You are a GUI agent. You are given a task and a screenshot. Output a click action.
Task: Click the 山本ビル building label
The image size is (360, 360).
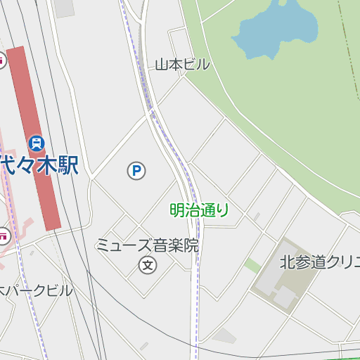182,65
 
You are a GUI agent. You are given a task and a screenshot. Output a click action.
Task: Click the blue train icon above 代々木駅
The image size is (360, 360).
37,143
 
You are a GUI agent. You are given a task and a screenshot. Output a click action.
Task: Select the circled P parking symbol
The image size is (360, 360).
136,170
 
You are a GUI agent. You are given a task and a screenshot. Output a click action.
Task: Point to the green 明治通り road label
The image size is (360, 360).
199,210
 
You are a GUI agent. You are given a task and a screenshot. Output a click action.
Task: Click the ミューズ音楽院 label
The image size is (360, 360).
148,246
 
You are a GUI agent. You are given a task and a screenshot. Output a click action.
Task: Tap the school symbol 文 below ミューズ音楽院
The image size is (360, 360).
148,265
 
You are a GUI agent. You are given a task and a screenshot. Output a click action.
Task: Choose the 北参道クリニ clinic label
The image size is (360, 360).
319,263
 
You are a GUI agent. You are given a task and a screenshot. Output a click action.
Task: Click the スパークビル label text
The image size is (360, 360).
35,290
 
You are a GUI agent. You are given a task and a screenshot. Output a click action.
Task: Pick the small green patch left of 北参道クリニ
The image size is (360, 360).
252,265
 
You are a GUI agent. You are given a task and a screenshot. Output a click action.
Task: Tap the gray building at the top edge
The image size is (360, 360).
64,7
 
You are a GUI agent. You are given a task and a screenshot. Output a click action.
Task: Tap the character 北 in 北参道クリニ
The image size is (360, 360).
286,263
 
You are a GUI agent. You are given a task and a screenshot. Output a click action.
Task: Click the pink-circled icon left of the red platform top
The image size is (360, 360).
2,60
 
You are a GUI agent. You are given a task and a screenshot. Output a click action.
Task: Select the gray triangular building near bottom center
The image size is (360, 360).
223,337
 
